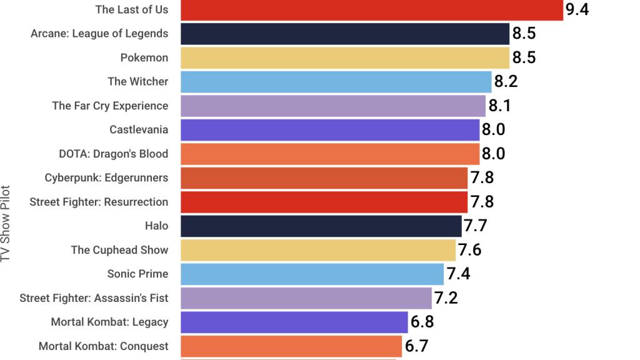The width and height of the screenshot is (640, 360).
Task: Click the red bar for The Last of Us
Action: [x=372, y=10]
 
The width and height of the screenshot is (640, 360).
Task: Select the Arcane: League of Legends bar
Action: [x=345, y=34]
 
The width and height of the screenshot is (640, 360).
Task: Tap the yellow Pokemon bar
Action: [x=345, y=57]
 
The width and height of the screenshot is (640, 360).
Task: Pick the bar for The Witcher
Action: [x=336, y=82]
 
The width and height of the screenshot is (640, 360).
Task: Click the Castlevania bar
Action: [x=330, y=130]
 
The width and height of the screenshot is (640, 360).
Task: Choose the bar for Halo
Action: [x=321, y=226]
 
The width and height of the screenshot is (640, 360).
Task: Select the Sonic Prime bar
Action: [x=312, y=274]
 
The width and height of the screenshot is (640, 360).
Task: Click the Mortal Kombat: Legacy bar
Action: [x=294, y=322]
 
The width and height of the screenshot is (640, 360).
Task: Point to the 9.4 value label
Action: [x=577, y=9]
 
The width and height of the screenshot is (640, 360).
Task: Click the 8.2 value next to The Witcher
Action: [x=506, y=82]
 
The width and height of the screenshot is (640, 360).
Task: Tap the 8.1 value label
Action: [x=500, y=106]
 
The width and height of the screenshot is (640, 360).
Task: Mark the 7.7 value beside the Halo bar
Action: [x=476, y=226]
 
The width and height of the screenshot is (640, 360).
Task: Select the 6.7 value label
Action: [x=416, y=346]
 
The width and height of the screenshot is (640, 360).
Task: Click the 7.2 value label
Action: [x=446, y=298]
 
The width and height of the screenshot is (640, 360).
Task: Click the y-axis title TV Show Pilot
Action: [x=7, y=223]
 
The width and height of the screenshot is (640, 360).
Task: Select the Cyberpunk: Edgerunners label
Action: [x=106, y=178]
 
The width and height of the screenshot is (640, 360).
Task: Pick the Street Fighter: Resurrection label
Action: [x=99, y=202]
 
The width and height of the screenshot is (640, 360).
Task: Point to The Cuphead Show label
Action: [x=119, y=250]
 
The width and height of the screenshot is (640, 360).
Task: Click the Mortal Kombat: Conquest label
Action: [x=103, y=346]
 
